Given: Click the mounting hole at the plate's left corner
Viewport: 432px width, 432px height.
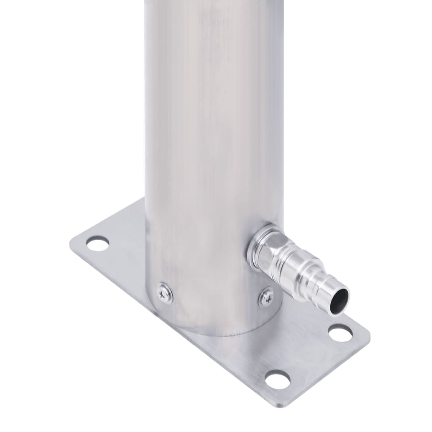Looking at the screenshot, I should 97,243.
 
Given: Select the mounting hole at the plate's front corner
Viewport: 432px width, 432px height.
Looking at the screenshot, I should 278,379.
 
